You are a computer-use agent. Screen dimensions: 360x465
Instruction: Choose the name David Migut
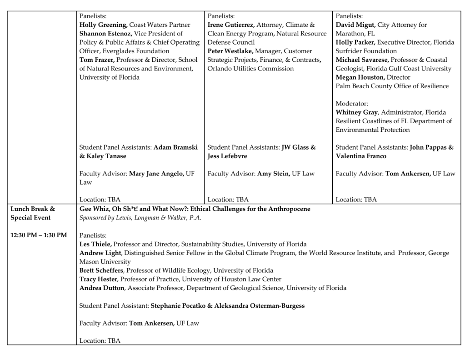(355, 25)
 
